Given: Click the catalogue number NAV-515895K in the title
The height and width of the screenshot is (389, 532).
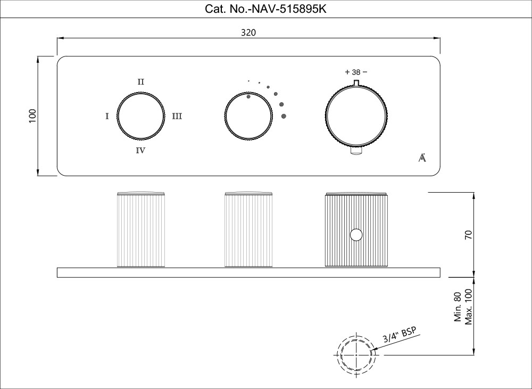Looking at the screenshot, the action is pos(288,9).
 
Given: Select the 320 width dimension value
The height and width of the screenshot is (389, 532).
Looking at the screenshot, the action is pos(248,32).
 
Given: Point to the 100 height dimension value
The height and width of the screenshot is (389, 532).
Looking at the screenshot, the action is pos(32,116).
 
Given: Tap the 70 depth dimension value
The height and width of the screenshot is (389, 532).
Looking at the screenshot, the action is pos(468,235).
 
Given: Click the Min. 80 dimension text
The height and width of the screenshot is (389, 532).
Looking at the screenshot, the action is pos(458,307).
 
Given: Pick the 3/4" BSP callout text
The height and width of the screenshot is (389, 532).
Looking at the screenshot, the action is pos(400,335).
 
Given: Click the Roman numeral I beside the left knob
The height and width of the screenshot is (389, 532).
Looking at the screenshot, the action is pos(107,117).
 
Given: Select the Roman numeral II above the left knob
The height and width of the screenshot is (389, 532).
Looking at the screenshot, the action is pos(141,82).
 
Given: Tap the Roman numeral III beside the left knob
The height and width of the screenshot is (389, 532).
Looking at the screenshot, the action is pos(177,117).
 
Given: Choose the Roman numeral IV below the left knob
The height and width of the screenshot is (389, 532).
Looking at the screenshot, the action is pos(140,151).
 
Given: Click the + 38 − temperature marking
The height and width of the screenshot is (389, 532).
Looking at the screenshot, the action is pos(356,72).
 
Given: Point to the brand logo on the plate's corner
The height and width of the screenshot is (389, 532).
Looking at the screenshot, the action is pos(422,158).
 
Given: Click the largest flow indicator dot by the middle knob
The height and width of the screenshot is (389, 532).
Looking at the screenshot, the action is pos(284,116).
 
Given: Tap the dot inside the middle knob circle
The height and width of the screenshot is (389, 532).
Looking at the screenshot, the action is pos(248,97).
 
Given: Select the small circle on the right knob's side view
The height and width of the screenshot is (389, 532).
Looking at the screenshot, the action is pos(356,235).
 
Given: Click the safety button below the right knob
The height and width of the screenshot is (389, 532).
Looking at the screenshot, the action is pos(356,151).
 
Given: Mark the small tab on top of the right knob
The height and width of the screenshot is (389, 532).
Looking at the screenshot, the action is pos(356,82).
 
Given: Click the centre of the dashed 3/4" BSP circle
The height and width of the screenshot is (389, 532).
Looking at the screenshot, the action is pos(356,355).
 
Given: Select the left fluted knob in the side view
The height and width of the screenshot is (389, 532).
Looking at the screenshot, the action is pos(141,229).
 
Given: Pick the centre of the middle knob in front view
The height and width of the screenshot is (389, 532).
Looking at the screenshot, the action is pos(248,115).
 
